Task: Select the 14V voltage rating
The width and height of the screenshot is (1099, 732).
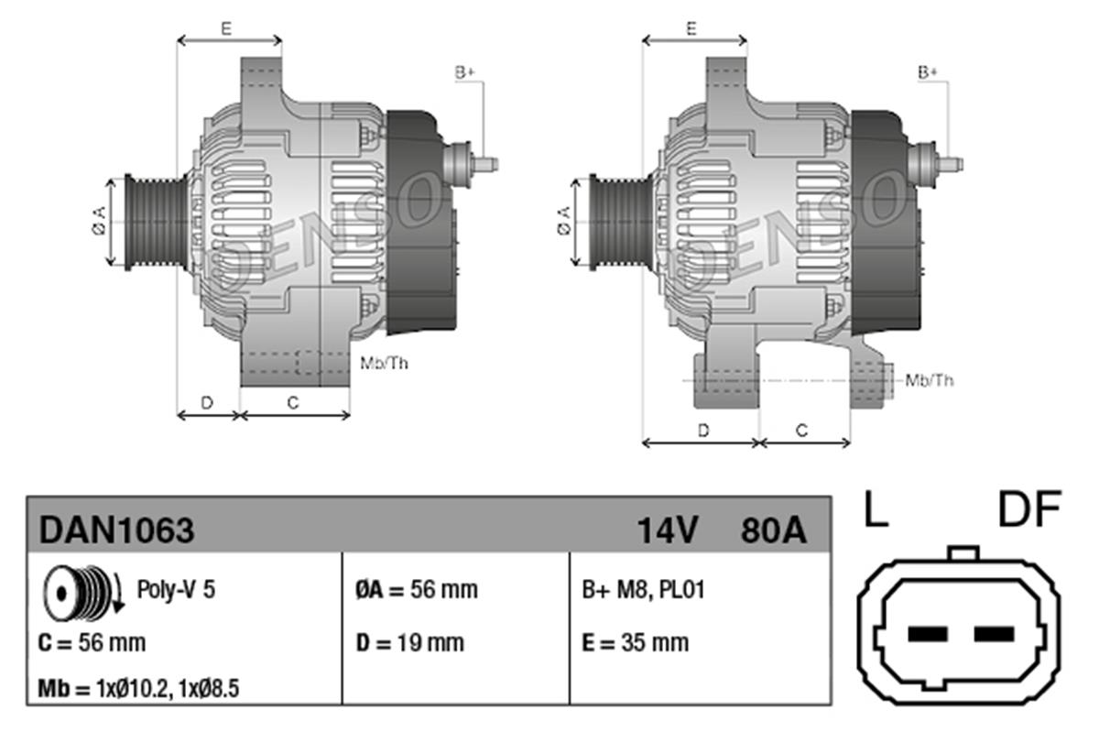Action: coord(669,530)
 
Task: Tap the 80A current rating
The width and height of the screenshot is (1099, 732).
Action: coord(772,530)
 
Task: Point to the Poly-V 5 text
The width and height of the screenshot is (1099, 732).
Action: coord(176,589)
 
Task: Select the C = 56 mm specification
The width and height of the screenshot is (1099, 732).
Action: coord(92,643)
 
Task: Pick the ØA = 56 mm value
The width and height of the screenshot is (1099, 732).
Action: coord(416,589)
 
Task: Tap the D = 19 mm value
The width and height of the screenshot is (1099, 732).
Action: coord(409,643)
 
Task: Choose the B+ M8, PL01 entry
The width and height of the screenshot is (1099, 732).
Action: coord(643,589)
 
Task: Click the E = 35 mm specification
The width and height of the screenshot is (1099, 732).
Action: coord(635,643)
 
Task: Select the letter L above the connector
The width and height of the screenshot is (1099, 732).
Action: coord(876,509)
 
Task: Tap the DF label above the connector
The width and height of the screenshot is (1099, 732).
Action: coord(1028,509)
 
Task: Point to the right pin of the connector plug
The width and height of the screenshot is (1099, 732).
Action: coord(995,634)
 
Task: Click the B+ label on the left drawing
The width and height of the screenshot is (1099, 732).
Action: coord(465,71)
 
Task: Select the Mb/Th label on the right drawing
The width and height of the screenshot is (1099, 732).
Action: coord(929,379)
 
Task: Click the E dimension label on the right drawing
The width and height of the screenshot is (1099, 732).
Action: coord(692,27)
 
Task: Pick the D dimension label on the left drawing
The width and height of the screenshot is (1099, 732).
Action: coord(207,401)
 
